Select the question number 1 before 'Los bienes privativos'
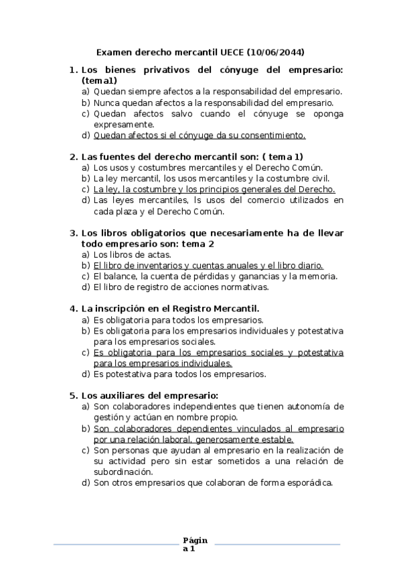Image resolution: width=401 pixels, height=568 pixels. (x=72, y=70)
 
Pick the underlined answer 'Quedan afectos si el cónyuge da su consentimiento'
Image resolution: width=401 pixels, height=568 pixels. (x=199, y=135)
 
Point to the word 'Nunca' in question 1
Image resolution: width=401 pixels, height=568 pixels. (x=107, y=102)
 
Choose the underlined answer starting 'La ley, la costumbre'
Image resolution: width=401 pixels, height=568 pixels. (x=214, y=190)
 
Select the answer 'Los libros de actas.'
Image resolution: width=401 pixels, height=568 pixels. (x=133, y=255)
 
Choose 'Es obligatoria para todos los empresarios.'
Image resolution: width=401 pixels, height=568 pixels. (x=178, y=320)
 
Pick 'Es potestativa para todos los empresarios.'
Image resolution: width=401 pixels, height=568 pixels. (x=179, y=374)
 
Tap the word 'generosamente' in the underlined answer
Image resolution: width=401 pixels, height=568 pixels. (x=223, y=439)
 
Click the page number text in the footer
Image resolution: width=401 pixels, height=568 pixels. (x=195, y=545)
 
